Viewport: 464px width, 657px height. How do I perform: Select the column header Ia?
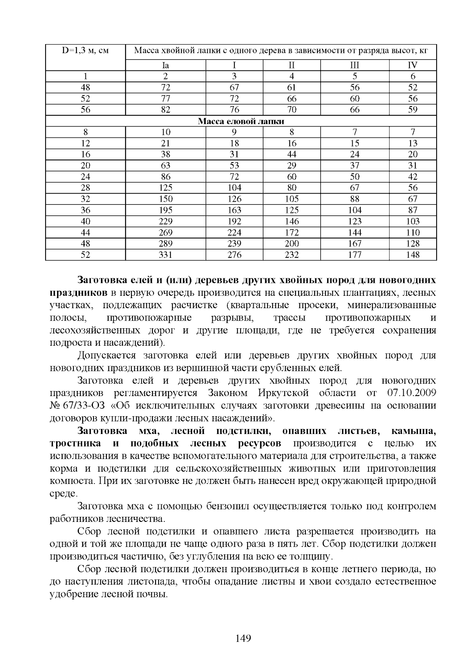pyautogui.click(x=165, y=65)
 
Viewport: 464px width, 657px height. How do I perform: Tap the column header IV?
pyautogui.click(x=413, y=65)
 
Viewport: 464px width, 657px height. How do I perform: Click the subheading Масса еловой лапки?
pyautogui.click(x=241, y=121)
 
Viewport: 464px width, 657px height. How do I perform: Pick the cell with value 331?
pyautogui.click(x=165, y=255)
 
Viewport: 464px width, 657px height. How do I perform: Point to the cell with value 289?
pyautogui.click(x=165, y=244)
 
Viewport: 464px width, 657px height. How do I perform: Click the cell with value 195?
pyautogui.click(x=165, y=210)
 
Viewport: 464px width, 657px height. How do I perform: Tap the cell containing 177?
pyautogui.click(x=355, y=255)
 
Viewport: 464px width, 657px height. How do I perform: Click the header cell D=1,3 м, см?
pyautogui.click(x=85, y=51)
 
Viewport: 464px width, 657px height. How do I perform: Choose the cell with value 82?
pyautogui.click(x=165, y=110)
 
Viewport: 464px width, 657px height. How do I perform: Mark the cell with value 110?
pyautogui.click(x=413, y=233)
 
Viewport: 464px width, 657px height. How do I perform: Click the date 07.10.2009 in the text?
pyautogui.click(x=411, y=393)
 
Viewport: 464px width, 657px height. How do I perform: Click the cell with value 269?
pyautogui.click(x=165, y=233)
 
